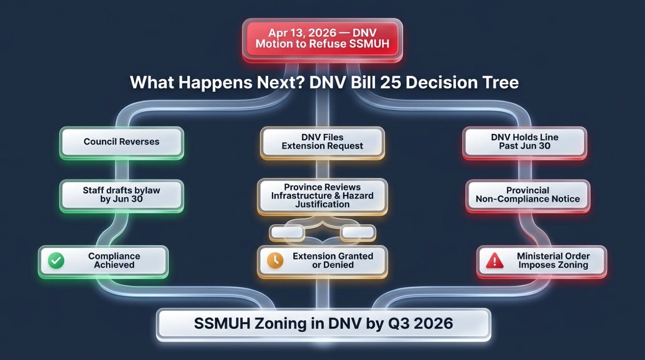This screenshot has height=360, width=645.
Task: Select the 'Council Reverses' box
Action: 122,142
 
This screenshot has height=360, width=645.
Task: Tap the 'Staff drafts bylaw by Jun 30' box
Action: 122,195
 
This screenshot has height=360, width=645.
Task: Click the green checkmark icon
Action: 56,260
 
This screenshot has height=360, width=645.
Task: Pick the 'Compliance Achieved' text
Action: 114,260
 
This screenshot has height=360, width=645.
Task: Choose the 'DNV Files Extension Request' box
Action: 322,142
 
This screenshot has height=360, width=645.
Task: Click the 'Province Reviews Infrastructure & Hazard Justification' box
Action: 322,195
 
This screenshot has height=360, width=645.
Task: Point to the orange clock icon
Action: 275,260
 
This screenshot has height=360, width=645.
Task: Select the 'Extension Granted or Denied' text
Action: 333,260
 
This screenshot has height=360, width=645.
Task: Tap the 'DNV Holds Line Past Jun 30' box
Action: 525,142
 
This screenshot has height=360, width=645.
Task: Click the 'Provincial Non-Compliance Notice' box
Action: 528,195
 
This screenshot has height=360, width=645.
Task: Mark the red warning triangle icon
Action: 495,261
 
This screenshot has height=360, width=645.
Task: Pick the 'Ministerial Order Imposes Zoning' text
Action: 553,260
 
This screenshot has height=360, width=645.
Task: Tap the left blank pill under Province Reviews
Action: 286,232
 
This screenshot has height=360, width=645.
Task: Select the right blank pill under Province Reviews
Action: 358,232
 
